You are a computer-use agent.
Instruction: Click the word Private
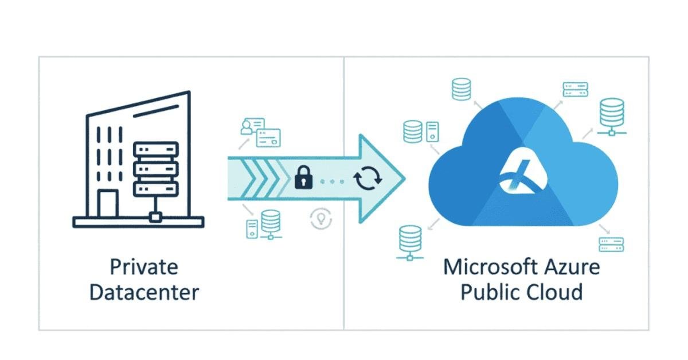pyautogui.click(x=144, y=267)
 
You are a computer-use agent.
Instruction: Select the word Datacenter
pyautogui.click(x=144, y=292)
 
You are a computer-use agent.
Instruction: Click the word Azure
pyautogui.click(x=572, y=267)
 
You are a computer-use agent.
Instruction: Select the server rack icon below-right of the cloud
pyautogui.click(x=611, y=245)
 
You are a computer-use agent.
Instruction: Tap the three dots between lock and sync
pyautogui.click(x=331, y=181)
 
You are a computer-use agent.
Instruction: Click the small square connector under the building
pyautogui.click(x=154, y=217)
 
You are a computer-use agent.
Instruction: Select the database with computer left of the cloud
pyautogui.click(x=420, y=131)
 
